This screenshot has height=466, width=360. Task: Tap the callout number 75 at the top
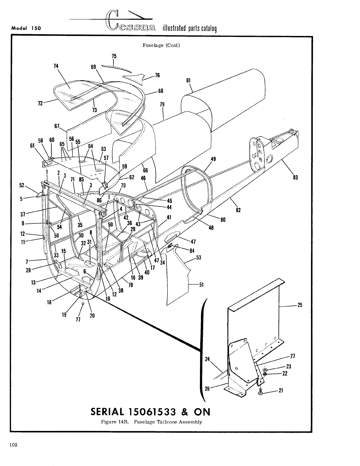(114, 56)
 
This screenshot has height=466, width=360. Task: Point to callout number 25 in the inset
(299, 305)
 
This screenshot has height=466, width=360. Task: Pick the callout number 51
(201, 285)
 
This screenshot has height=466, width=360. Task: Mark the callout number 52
(22, 185)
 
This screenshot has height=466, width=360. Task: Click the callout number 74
(56, 66)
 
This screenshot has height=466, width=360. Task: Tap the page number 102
(13, 445)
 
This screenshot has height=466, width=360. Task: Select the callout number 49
(213, 159)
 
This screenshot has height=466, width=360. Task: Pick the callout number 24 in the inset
(208, 359)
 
